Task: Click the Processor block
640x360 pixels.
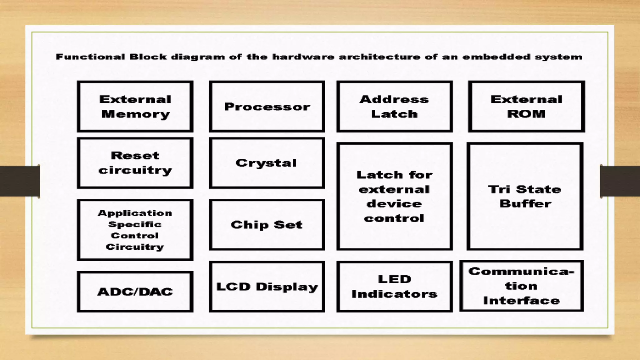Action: point(267,107)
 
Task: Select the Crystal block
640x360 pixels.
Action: point(267,163)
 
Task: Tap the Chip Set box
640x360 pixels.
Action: point(267,225)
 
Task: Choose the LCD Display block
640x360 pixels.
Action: point(267,287)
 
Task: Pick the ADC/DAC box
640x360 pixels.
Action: point(135,292)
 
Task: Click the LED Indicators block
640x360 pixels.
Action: point(394,287)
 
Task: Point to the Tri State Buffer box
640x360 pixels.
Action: point(525,196)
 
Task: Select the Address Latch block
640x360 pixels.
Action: point(394,107)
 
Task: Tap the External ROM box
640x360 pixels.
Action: point(526,107)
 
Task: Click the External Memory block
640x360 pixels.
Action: point(135,107)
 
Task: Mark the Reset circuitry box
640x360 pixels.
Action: point(135,163)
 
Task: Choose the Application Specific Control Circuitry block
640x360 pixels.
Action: point(135,230)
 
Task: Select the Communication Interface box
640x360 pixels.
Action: point(521,286)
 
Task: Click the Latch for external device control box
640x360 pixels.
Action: point(394,196)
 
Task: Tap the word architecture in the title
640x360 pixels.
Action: point(380,57)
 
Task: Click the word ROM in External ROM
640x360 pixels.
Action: point(526,114)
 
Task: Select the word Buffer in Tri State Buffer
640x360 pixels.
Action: point(525,204)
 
